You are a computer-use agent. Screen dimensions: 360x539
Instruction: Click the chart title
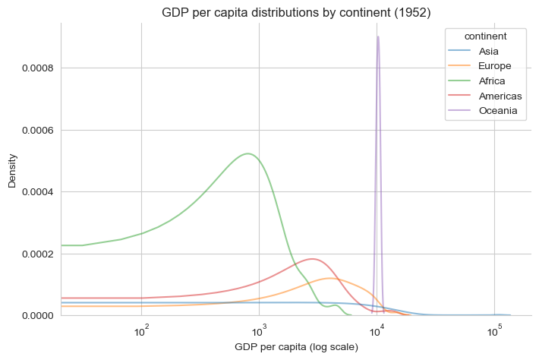296,12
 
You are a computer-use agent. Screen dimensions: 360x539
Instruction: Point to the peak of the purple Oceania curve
378,36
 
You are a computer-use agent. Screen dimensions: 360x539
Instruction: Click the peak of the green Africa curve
249,153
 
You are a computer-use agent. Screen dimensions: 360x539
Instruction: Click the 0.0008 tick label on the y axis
35,68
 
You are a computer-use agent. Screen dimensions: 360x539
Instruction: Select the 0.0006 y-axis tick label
35,130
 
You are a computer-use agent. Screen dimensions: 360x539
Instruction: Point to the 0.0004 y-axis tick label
35,191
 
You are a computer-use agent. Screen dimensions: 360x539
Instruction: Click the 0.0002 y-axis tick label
35,254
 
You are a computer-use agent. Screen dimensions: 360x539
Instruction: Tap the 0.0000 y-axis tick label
35,315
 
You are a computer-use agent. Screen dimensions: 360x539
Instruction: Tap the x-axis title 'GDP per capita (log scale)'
296,347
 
